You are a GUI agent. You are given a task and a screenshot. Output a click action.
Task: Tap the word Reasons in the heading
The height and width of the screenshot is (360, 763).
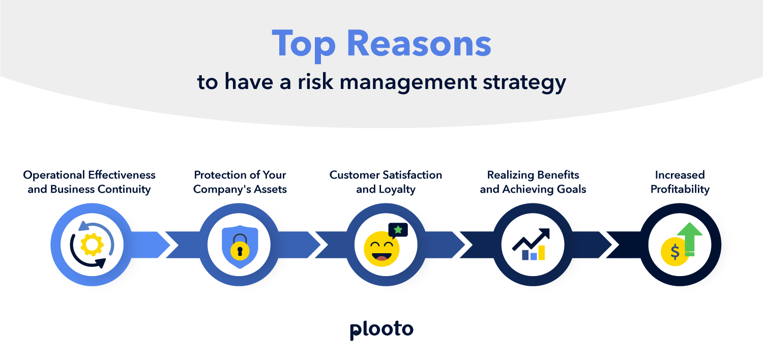(x=419, y=45)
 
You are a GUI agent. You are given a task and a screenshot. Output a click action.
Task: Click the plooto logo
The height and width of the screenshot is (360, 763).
(x=382, y=329)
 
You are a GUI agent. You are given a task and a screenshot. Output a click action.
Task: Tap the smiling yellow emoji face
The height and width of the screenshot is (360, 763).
(x=382, y=249)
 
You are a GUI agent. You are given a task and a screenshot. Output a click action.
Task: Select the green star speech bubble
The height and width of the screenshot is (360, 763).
(x=398, y=230)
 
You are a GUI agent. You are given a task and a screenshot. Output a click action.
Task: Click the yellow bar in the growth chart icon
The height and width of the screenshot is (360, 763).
(x=541, y=253)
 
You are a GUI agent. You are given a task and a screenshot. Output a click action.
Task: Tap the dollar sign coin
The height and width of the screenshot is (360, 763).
(x=675, y=252)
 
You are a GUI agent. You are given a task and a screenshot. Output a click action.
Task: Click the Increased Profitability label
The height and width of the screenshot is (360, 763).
(x=680, y=182)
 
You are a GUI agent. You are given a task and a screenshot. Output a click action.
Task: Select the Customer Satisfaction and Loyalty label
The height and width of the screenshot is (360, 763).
(x=386, y=182)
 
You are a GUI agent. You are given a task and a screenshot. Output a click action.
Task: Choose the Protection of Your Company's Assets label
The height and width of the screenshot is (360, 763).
(x=240, y=182)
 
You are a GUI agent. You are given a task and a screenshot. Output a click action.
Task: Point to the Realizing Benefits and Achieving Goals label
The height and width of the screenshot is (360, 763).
(x=533, y=182)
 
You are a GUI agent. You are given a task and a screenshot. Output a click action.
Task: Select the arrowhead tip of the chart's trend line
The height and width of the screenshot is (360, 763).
(x=546, y=233)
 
